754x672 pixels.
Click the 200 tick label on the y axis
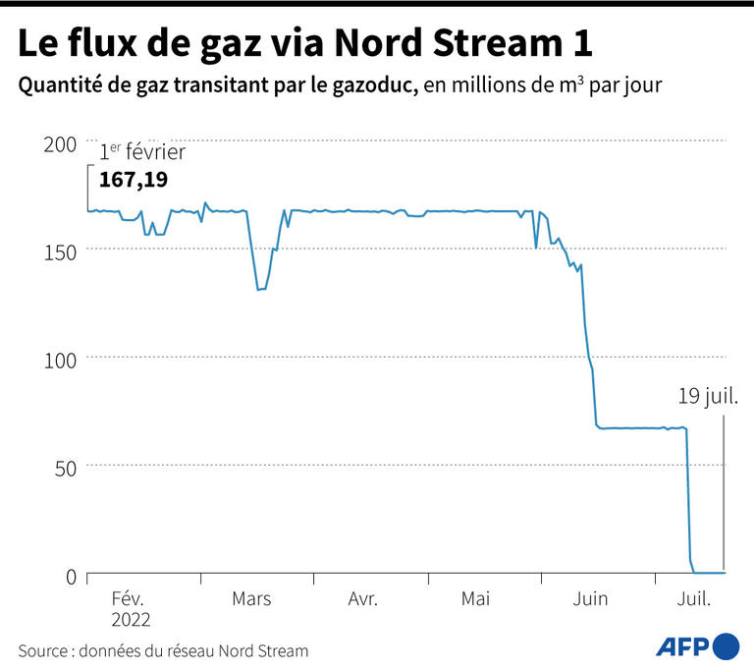pos(60,144)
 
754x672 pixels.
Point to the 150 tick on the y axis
pos(60,252)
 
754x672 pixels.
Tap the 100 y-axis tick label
pos(60,360)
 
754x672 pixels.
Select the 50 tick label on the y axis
pos(66,467)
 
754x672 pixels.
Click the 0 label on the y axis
pos(71,576)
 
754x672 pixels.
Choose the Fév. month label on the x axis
pos(129,598)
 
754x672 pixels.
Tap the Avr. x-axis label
pos(363,598)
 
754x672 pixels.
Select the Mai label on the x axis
pos(475,598)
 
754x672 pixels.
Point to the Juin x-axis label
pos(589,598)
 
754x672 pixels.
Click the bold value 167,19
pos(133,180)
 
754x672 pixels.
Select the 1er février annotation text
pos(141,152)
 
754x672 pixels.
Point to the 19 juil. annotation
pos(708,397)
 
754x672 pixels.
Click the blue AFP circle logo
pos(727,646)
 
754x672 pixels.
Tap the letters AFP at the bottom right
pos(682,646)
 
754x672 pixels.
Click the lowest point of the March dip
pos(259,289)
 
